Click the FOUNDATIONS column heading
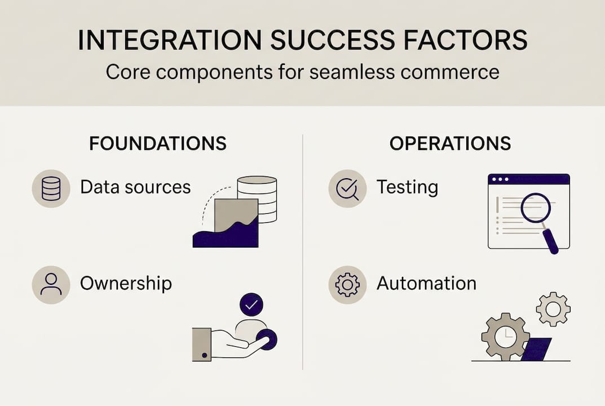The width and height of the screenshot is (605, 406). point(158,143)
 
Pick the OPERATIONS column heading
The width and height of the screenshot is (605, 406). point(450,143)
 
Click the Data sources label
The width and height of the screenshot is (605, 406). point(135,187)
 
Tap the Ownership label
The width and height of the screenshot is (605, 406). point(126,283)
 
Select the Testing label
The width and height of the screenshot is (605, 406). point(407,187)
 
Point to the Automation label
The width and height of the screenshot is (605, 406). point(426,283)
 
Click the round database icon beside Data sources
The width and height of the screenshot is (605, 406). point(51,188)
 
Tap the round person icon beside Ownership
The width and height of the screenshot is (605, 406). point(51,285)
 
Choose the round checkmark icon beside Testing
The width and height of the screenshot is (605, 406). point(347,188)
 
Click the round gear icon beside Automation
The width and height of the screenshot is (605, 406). point(347,285)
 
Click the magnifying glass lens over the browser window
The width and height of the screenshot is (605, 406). point(535,208)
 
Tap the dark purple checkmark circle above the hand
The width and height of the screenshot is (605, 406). point(251,304)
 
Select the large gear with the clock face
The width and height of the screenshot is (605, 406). point(505,337)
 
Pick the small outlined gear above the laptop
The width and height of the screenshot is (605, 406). point(553,309)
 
